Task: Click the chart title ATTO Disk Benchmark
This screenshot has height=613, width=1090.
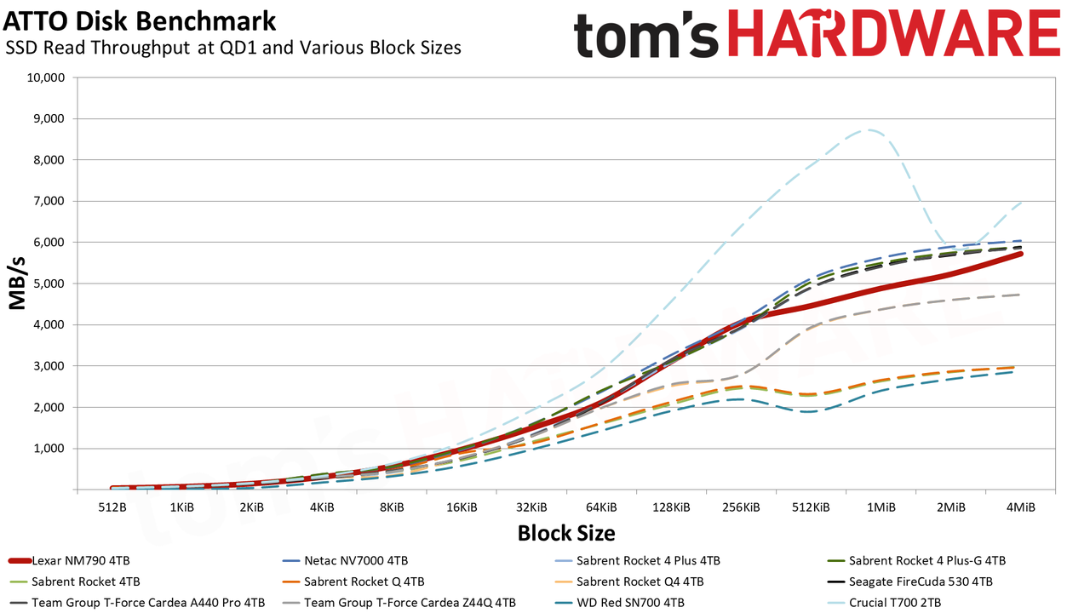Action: point(140,21)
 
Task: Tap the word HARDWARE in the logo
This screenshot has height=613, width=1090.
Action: point(894,34)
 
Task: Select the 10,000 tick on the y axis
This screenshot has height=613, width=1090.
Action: point(46,77)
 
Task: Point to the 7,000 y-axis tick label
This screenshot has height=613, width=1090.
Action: point(49,201)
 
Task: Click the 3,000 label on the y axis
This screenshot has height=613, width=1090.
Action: point(49,366)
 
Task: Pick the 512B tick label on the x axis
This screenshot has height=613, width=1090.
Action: point(112,507)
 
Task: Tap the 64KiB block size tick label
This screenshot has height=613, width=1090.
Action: point(601,507)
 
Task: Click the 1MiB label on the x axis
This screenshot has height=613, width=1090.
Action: point(881,507)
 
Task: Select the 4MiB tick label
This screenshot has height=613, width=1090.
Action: point(1021,507)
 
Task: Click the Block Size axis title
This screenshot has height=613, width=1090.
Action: point(566,533)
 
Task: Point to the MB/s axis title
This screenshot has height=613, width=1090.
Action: point(17,284)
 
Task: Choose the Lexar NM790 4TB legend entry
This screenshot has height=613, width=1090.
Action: point(69,560)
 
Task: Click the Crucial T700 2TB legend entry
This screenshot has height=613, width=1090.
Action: point(884,603)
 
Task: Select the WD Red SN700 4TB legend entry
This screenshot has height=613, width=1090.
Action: point(619,603)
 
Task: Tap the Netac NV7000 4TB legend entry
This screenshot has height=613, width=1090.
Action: point(345,560)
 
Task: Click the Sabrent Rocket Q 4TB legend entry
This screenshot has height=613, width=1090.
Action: point(353,581)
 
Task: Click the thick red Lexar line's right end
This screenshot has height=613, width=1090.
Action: point(1020,254)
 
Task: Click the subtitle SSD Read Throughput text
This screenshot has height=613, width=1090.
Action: point(98,48)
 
